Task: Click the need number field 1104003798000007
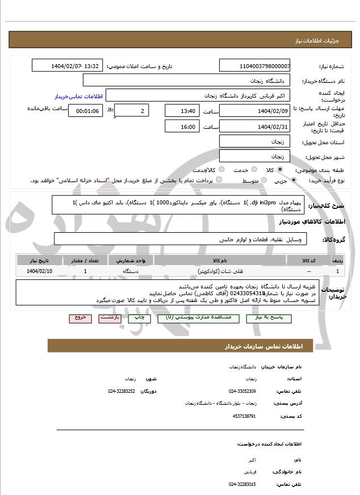[x=254, y=66]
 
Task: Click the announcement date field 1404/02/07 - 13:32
[x=68, y=66]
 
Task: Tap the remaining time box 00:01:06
[x=85, y=111]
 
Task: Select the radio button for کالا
[x=280, y=170]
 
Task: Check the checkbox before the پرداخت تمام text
[x=219, y=180]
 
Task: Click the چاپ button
[x=139, y=318]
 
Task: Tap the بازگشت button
[x=110, y=318]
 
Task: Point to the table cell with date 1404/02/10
[x=39, y=272]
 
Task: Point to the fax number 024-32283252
[x=122, y=391]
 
